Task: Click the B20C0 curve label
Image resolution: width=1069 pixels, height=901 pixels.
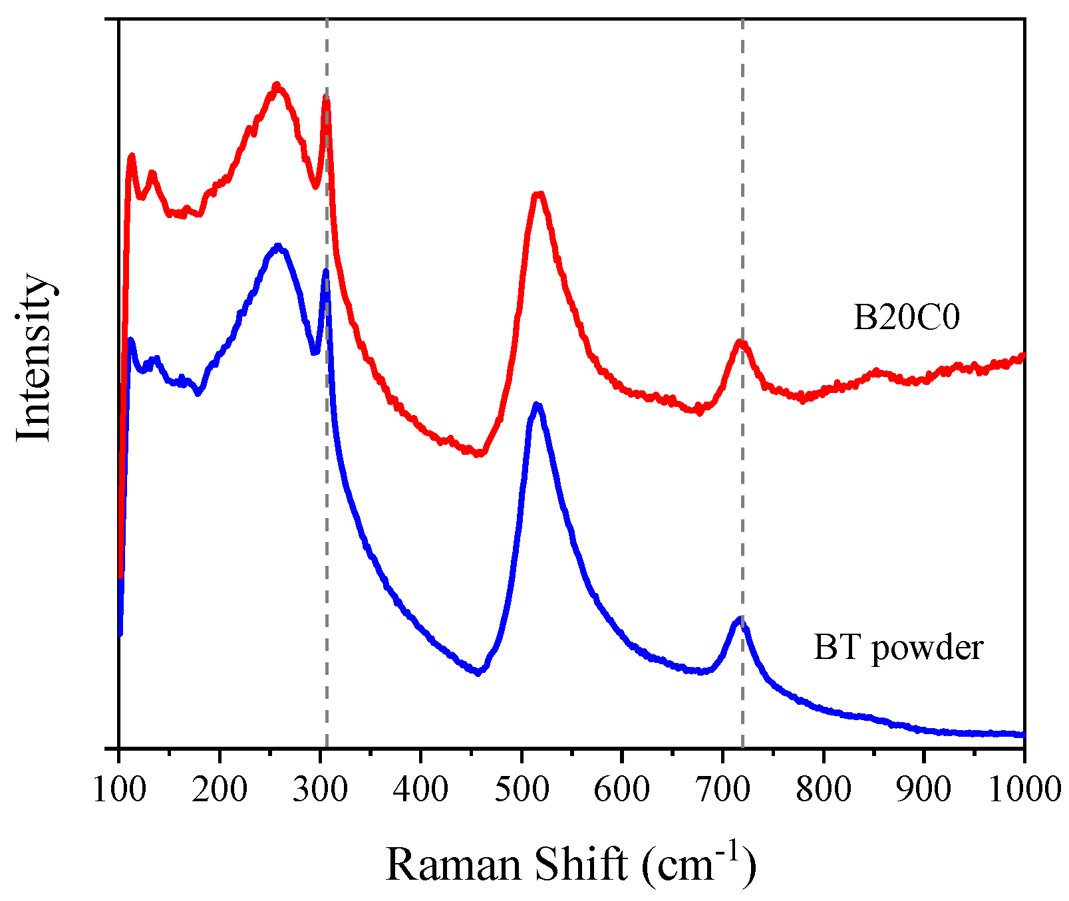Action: click(907, 318)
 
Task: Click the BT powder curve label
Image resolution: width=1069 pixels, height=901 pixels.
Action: click(898, 647)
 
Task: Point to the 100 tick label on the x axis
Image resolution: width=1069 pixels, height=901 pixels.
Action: click(118, 790)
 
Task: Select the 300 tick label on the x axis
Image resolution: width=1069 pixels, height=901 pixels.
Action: click(320, 790)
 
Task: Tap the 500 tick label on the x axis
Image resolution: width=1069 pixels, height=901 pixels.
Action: click(522, 790)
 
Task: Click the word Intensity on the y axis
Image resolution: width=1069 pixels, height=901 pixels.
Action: click(33, 357)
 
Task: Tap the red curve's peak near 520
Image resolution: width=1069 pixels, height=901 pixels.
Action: click(538, 194)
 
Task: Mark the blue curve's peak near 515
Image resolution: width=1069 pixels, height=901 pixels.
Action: click(536, 404)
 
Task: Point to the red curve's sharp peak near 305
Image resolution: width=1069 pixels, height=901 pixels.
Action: click(326, 98)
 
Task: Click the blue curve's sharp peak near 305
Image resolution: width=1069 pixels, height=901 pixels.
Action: click(325, 271)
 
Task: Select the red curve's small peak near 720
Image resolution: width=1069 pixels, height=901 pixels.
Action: click(740, 342)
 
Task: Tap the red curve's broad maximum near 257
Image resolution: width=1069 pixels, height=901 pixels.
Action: click(277, 85)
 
